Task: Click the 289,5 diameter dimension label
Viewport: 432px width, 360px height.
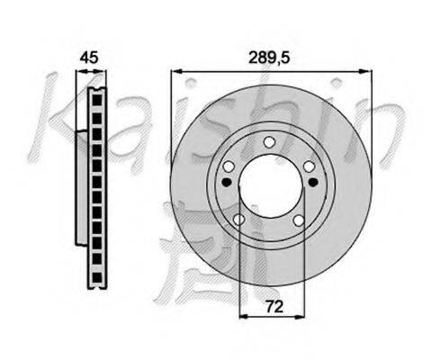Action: coord(269,58)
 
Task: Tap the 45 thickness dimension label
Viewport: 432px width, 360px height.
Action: coord(89,58)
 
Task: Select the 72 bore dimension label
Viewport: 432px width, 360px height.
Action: coord(274,307)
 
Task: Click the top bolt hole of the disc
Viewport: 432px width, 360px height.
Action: coord(269,142)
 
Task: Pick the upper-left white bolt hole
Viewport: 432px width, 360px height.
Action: coord(229,166)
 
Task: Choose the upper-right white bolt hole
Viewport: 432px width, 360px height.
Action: coord(310,166)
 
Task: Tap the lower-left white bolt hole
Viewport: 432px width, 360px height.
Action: coord(239,220)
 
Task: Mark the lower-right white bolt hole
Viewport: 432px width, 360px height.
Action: coord(299,220)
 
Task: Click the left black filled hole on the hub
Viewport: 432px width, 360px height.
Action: coord(226,182)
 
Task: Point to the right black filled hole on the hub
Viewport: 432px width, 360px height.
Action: coord(312,182)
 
